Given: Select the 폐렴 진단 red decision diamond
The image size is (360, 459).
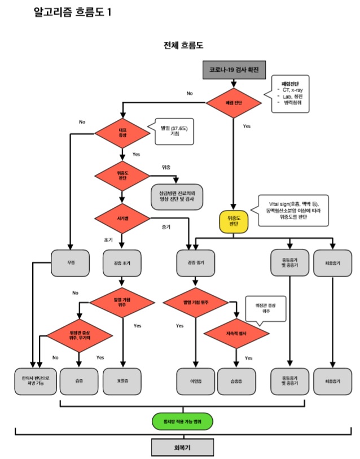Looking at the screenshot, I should tap(234, 103).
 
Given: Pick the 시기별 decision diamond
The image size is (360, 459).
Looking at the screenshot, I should tap(122, 218).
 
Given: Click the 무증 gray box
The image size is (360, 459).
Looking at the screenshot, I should tap(70, 262).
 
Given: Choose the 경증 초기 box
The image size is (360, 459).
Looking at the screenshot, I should tap(122, 262).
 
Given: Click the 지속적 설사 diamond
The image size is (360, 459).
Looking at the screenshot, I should tap(236, 333).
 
